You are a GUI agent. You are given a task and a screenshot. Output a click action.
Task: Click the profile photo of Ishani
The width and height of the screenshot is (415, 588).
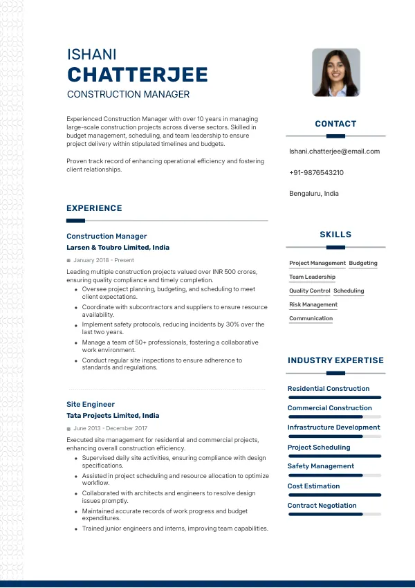point(336,73)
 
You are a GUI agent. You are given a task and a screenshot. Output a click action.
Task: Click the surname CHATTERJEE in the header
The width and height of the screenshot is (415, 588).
point(137,75)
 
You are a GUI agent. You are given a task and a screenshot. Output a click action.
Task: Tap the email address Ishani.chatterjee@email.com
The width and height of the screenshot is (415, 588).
point(334,151)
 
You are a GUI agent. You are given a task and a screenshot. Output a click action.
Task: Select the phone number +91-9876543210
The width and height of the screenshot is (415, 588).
point(316,173)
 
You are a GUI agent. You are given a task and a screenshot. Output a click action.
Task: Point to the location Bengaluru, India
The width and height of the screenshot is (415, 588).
point(314,194)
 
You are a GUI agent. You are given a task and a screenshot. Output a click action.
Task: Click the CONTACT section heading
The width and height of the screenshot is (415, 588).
point(335,124)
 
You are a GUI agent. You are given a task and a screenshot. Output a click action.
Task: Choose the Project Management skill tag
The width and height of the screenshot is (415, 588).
point(317,264)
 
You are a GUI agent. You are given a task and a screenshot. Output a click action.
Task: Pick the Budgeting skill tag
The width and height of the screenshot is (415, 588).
point(363,264)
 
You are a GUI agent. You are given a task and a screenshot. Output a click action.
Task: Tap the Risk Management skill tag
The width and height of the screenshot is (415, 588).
point(313,305)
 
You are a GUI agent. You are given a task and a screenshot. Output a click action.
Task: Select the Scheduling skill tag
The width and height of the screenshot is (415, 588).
point(349,291)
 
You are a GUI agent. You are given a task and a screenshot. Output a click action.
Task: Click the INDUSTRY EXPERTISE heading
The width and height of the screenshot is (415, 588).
point(335,360)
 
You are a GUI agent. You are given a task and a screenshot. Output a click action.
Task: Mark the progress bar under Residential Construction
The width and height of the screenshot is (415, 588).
point(335,398)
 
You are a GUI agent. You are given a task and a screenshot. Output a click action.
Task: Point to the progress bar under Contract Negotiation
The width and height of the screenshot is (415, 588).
point(335,515)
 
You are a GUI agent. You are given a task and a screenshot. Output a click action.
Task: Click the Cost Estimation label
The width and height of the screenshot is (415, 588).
point(313,486)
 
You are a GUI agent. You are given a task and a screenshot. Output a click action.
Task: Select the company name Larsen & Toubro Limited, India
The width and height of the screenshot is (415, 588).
point(118,248)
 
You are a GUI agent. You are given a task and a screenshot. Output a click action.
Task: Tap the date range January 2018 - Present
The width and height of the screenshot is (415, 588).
point(103,261)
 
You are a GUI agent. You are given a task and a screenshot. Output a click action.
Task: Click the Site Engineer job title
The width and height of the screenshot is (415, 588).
point(91,404)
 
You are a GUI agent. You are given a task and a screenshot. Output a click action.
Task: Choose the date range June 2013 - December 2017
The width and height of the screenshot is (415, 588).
point(110,429)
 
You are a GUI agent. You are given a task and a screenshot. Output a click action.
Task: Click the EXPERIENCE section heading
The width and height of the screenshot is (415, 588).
point(94,208)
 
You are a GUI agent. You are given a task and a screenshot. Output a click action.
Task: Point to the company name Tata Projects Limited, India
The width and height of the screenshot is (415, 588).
point(113,416)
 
